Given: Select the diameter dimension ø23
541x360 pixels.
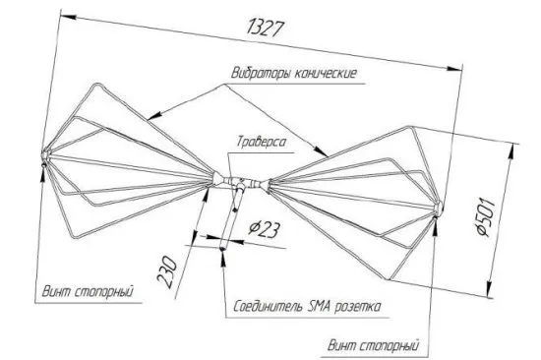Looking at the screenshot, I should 261,228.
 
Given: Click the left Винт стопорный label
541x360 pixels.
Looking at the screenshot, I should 88,291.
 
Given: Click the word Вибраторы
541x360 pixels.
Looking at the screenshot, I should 255,75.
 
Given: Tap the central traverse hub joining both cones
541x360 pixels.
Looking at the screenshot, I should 237,181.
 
